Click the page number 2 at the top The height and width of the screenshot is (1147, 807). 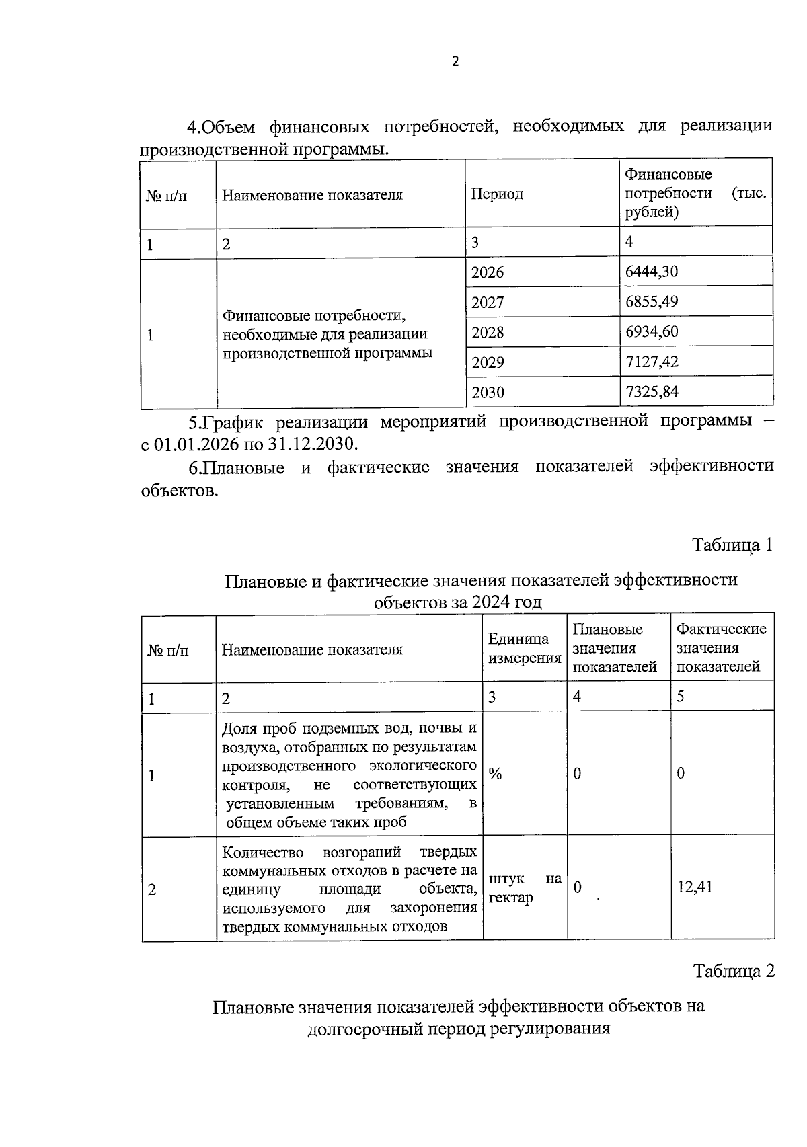(455, 62)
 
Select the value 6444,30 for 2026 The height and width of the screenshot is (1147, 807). (651, 272)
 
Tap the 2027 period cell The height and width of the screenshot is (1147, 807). (488, 303)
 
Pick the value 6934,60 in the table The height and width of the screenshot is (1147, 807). (651, 331)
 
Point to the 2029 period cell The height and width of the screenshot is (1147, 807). (488, 362)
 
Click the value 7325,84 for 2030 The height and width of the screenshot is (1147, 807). (651, 392)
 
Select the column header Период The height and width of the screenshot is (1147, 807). (497, 194)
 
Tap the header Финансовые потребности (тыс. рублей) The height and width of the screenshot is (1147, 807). (695, 194)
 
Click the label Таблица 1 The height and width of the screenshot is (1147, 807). (732, 545)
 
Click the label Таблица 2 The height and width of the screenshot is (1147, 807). (734, 971)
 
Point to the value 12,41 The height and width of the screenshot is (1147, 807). (695, 887)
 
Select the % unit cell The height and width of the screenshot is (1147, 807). (496, 773)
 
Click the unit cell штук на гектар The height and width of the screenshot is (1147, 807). (525, 888)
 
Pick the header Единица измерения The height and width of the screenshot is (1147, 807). (524, 649)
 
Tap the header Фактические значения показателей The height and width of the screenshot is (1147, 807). (721, 648)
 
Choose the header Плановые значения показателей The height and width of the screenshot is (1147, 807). (615, 648)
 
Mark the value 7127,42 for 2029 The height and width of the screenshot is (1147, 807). (651, 362)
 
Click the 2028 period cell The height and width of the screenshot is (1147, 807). (488, 332)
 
